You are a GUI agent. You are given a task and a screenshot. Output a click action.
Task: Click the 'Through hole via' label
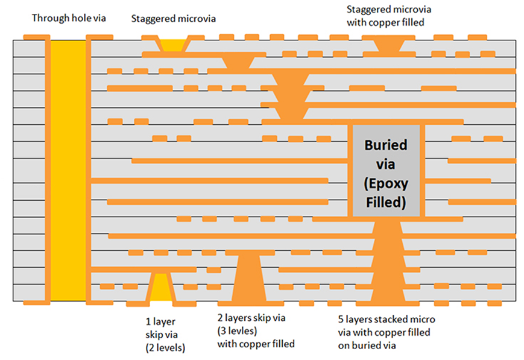pos(69,18)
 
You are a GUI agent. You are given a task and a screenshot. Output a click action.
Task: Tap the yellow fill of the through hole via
pos(68,171)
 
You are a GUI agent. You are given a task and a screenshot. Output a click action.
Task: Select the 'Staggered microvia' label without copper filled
pos(173,19)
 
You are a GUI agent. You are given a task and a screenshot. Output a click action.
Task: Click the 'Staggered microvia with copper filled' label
pos(389,16)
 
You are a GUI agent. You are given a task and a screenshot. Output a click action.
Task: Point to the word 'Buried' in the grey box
pos(386,145)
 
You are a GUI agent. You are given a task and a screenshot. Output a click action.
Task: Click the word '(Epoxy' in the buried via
pos(386,184)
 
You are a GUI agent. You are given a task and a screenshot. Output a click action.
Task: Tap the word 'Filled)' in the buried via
pos(386,203)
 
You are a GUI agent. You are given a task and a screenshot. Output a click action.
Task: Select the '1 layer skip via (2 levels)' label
pos(165,335)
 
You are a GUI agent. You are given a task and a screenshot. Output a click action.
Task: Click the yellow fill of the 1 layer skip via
pos(161,287)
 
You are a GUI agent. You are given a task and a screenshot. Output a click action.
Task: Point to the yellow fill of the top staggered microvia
pos(173,45)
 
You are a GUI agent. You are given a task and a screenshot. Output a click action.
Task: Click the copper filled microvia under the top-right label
pos(388,45)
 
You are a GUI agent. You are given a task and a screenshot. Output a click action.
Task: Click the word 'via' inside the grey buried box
pos(386,165)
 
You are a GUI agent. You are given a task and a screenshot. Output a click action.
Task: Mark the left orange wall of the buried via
pos(350,171)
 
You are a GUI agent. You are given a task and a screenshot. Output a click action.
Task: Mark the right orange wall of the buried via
pos(423,171)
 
